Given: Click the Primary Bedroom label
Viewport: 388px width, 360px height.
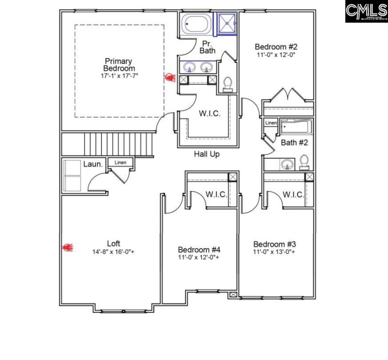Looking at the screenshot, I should point(119,65).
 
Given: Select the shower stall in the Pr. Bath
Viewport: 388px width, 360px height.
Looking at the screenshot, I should point(226,23).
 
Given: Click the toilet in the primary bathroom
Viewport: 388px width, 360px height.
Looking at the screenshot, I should point(226,84).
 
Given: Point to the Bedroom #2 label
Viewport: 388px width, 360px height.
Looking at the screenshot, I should point(276,47).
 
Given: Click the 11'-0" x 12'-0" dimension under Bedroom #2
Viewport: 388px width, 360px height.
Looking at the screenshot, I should point(276,55).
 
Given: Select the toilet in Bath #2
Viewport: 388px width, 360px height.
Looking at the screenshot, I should point(304,161).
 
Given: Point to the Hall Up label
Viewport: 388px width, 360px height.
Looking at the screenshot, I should point(207,154).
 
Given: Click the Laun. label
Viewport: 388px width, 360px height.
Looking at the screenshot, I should point(93,164).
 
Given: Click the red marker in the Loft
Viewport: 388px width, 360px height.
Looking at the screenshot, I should point(67,248).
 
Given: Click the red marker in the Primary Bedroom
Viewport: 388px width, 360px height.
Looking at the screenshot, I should point(169,77).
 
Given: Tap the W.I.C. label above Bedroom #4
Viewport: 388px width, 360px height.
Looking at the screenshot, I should point(216,194).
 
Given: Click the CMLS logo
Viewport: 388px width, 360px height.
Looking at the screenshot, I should point(366,11).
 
